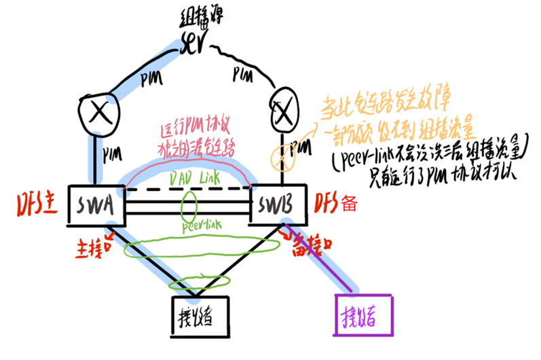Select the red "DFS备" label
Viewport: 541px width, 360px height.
pyautogui.click(x=336, y=202)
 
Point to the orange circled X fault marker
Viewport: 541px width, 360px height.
pyautogui.click(x=279, y=157)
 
